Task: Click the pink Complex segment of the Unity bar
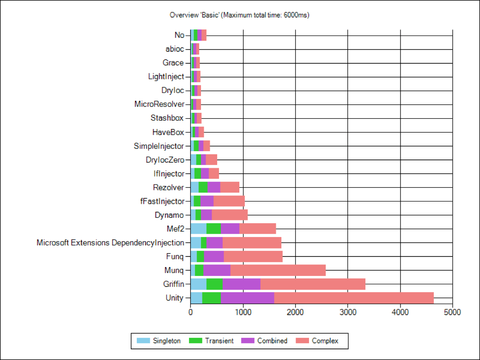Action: coord(354,298)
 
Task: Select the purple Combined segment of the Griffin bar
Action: coord(241,284)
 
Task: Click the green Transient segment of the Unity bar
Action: coord(211,298)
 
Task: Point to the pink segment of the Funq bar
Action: coord(253,256)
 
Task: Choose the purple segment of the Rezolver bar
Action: coord(214,187)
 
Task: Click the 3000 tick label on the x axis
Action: coord(347,312)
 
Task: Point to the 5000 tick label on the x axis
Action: coord(452,312)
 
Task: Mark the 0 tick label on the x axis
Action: coord(190,312)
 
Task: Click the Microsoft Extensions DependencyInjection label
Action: coord(110,243)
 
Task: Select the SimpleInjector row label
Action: coord(159,146)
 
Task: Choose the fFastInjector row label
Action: coord(162,201)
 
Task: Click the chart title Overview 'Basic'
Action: coord(239,15)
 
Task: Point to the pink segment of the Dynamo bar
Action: coord(229,215)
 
